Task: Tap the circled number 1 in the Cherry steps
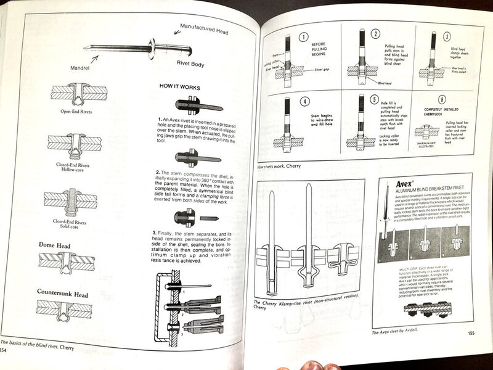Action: click(x=303, y=36)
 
